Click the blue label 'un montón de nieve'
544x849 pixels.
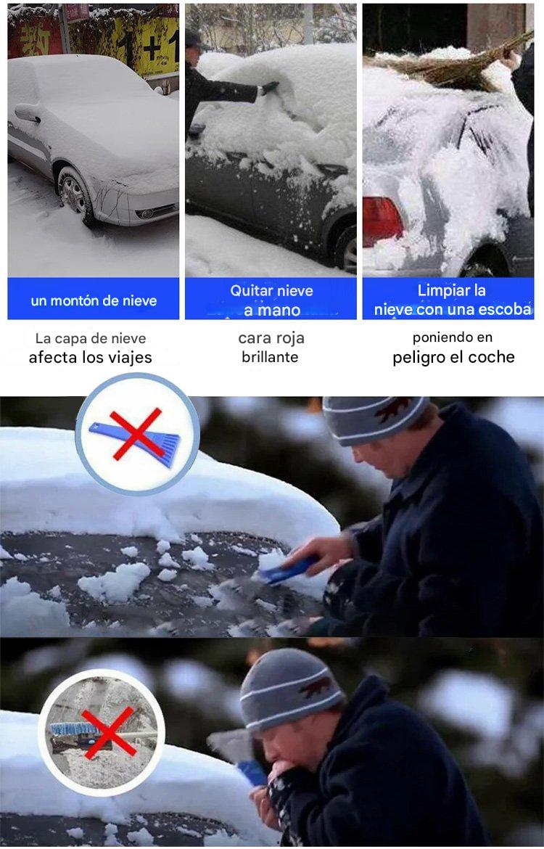coord(94,300)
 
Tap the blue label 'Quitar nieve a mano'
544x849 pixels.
coord(271,300)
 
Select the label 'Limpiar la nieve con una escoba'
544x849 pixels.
coord(452,300)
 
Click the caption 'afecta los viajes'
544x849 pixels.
coord(91,357)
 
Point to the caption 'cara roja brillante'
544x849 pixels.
coord(271,347)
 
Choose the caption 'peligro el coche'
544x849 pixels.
coord(453,357)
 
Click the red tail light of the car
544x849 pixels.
coord(381,221)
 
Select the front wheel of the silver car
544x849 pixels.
coord(73,194)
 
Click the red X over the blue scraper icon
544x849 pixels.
coord(137,434)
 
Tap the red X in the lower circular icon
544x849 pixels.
coord(108,734)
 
